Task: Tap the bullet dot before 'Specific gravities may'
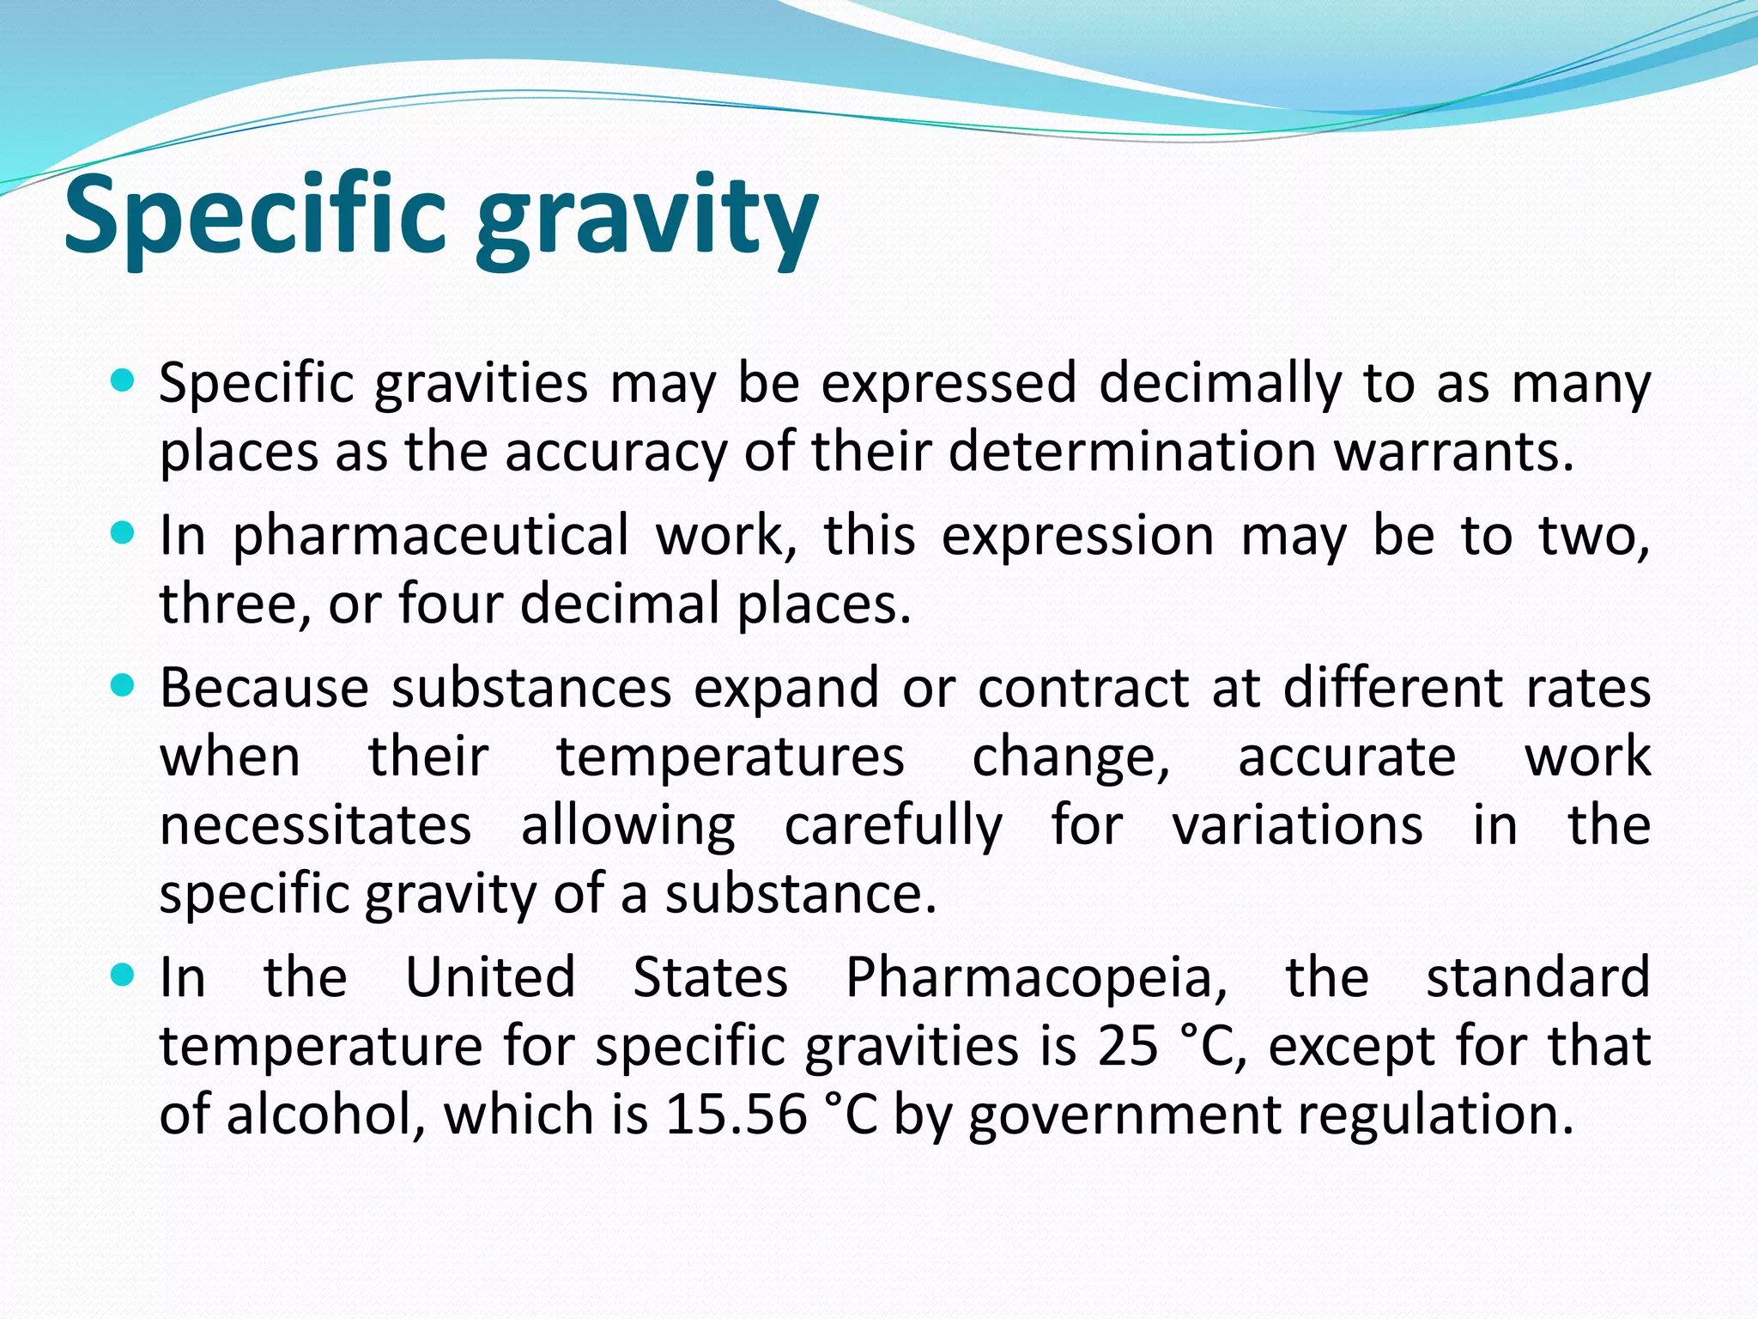point(124,380)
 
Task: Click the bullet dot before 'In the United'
point(124,975)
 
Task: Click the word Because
point(264,689)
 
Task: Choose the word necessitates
point(315,826)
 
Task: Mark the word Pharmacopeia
point(1037,979)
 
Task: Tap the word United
point(490,977)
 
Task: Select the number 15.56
point(736,1115)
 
